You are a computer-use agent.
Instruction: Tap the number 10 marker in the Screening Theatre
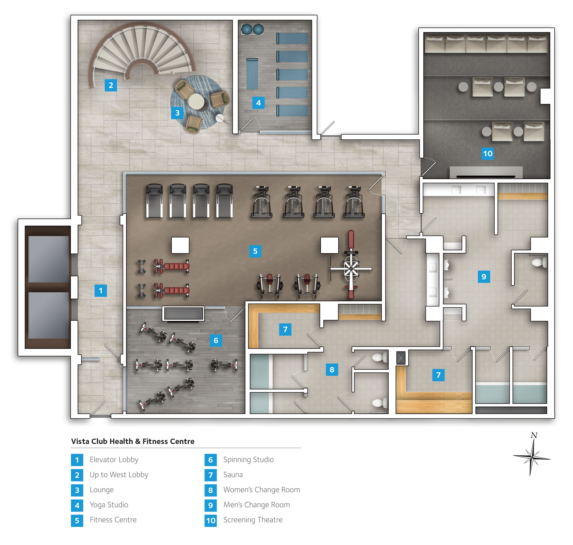pos(488,153)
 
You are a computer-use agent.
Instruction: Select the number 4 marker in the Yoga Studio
pos(258,103)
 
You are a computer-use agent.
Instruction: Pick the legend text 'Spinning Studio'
pos(248,460)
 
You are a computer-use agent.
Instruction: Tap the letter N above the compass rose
pos(534,435)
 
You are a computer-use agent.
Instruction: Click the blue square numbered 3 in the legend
pos(77,490)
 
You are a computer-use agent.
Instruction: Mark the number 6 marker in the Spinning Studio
pos(216,340)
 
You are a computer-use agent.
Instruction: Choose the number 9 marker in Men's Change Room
pos(484,277)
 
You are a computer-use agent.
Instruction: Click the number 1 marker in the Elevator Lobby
pos(100,291)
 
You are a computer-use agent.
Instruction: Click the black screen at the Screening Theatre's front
pos(486,176)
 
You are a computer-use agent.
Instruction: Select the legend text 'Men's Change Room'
pos(257,505)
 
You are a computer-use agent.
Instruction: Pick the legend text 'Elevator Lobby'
pos(114,460)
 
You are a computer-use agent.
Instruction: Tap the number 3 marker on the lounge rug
pos(177,113)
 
